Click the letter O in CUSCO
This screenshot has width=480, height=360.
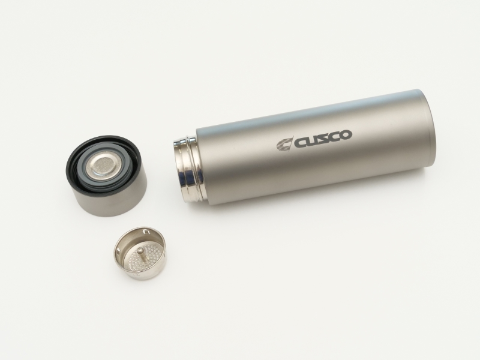[346, 134]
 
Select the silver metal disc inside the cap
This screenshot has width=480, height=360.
[101, 167]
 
